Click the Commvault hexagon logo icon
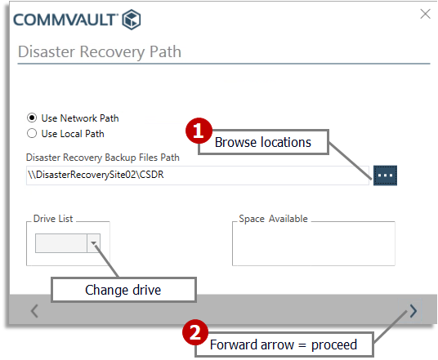(131, 19)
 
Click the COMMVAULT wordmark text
(64, 19)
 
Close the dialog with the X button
(423, 14)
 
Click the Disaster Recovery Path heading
(99, 52)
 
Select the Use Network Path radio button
(32, 118)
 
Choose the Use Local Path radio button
(32, 133)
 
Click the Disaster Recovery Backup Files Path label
(102, 158)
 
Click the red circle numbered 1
(199, 130)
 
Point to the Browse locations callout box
(263, 142)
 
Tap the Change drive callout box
(123, 290)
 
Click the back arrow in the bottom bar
(34, 310)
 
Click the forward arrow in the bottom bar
(413, 310)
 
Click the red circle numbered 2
(194, 333)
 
